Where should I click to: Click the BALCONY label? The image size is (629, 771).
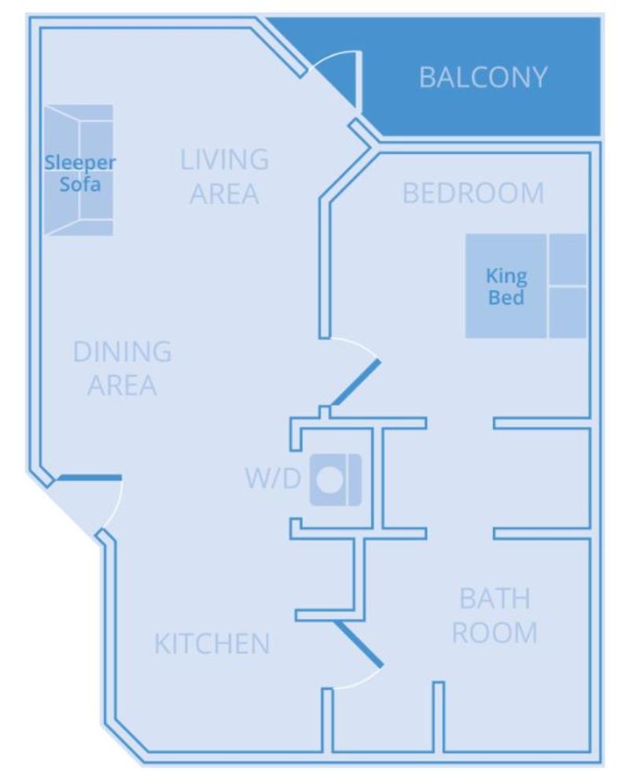coord(483,77)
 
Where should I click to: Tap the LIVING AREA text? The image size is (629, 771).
coord(225,176)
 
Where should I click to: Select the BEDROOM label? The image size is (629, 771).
coord(473,193)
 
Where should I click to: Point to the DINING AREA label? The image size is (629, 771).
coord(123,368)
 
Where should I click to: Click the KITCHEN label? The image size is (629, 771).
coord(212,644)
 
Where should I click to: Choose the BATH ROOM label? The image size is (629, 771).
coord(495,615)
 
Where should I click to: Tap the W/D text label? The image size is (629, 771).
coord(273,478)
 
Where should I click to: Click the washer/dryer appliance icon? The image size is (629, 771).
coord(336,480)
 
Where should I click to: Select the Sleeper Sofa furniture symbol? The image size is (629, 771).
coord(79,170)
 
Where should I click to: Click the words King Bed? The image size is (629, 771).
coord(506,286)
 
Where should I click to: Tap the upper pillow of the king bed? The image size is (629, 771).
coord(568,259)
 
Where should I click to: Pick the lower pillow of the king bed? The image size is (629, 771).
coord(568,313)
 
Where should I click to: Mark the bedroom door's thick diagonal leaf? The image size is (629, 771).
coord(355,382)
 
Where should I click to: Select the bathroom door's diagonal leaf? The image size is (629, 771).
coord(359,644)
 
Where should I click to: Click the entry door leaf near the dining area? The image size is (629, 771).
coord(90,478)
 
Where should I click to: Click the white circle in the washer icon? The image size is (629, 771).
coord(329,479)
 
